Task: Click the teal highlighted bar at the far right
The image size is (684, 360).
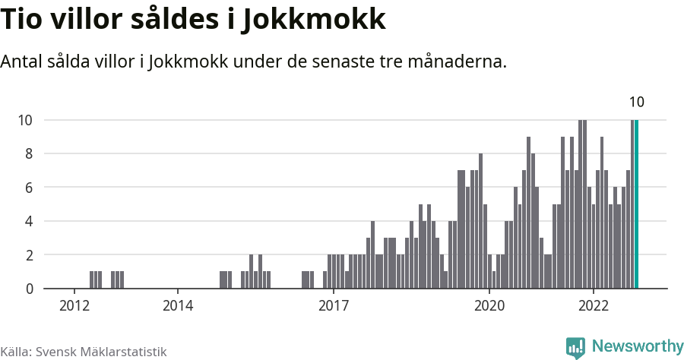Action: click(x=637, y=204)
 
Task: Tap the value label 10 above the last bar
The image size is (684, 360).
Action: click(x=637, y=103)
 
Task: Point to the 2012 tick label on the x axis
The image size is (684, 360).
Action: click(x=74, y=305)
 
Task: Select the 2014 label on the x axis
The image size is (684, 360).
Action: click(x=177, y=305)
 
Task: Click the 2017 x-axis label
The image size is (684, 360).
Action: click(x=333, y=305)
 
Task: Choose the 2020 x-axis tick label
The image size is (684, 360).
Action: click(x=489, y=305)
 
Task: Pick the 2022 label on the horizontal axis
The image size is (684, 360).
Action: click(x=593, y=305)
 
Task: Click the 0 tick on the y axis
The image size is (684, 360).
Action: click(x=28, y=289)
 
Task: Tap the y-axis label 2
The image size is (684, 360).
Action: click(x=28, y=255)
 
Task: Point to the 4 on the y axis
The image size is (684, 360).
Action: click(x=28, y=221)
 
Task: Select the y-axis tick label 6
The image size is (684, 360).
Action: click(x=28, y=188)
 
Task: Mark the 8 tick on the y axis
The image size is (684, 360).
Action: click(x=28, y=153)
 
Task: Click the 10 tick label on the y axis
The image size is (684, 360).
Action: click(x=25, y=120)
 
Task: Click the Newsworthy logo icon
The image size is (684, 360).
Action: click(x=575, y=347)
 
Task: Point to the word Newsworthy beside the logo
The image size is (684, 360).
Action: click(x=638, y=346)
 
